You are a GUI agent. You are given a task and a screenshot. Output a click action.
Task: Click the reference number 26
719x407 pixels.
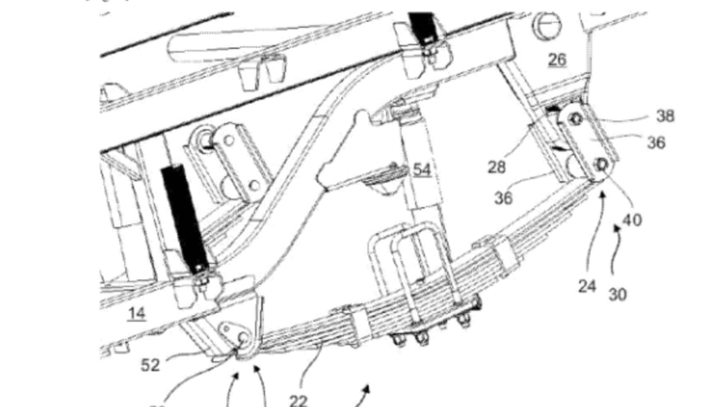click(557, 60)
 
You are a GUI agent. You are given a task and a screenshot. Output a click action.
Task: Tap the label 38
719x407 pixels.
click(665, 116)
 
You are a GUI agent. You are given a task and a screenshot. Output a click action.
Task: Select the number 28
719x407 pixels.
click(497, 167)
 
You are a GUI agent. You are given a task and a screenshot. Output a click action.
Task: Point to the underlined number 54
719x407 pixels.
click(422, 170)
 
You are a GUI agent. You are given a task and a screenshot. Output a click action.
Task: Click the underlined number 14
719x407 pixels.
click(137, 313)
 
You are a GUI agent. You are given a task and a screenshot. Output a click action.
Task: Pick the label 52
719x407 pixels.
click(150, 365)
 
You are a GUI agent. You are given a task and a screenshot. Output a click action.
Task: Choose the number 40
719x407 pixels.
click(632, 219)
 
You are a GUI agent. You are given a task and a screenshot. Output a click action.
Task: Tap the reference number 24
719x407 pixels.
click(587, 286)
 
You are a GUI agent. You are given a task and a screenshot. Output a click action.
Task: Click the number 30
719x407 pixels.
click(618, 295)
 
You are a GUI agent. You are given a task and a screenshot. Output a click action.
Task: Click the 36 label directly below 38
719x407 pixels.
click(656, 142)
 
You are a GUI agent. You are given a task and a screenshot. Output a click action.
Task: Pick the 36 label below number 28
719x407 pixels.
click(503, 198)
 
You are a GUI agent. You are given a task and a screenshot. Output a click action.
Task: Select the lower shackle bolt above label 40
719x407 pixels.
click(601, 165)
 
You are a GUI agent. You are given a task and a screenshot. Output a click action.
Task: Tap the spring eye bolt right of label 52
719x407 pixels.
click(242, 338)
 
